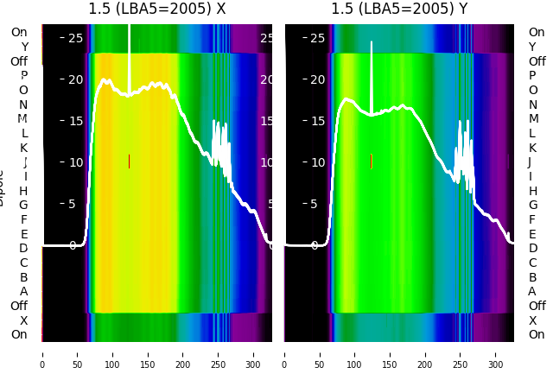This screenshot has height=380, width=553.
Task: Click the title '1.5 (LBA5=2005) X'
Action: click(x=157, y=9)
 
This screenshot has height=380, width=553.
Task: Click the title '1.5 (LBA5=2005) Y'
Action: click(x=399, y=9)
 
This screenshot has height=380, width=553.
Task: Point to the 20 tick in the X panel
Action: click(x=75, y=79)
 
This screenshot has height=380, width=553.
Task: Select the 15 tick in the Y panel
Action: click(x=318, y=121)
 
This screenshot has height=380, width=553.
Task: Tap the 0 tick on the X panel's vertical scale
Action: click(x=73, y=245)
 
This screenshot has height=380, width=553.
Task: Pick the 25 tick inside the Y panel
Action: click(x=318, y=38)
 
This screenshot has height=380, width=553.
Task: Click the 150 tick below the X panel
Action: click(x=148, y=353)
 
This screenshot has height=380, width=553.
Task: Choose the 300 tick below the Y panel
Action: click(x=496, y=353)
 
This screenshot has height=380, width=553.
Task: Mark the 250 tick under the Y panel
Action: click(x=461, y=353)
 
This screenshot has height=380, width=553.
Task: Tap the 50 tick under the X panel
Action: click(x=77, y=353)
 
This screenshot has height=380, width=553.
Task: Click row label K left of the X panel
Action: click(x=24, y=148)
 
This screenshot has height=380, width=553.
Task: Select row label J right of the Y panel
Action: click(x=529, y=161)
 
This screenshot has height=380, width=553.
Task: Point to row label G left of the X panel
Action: click(x=23, y=205)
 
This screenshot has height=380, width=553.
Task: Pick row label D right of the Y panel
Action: click(x=532, y=248)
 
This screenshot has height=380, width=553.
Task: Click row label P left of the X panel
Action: click(x=24, y=76)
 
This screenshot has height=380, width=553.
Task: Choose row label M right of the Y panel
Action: click(x=533, y=118)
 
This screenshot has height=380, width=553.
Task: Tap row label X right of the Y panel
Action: click(x=532, y=320)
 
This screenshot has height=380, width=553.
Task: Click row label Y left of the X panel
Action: click(x=24, y=47)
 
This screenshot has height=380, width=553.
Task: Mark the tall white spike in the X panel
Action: click(x=130, y=52)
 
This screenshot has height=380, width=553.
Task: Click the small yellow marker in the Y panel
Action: click(x=372, y=161)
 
